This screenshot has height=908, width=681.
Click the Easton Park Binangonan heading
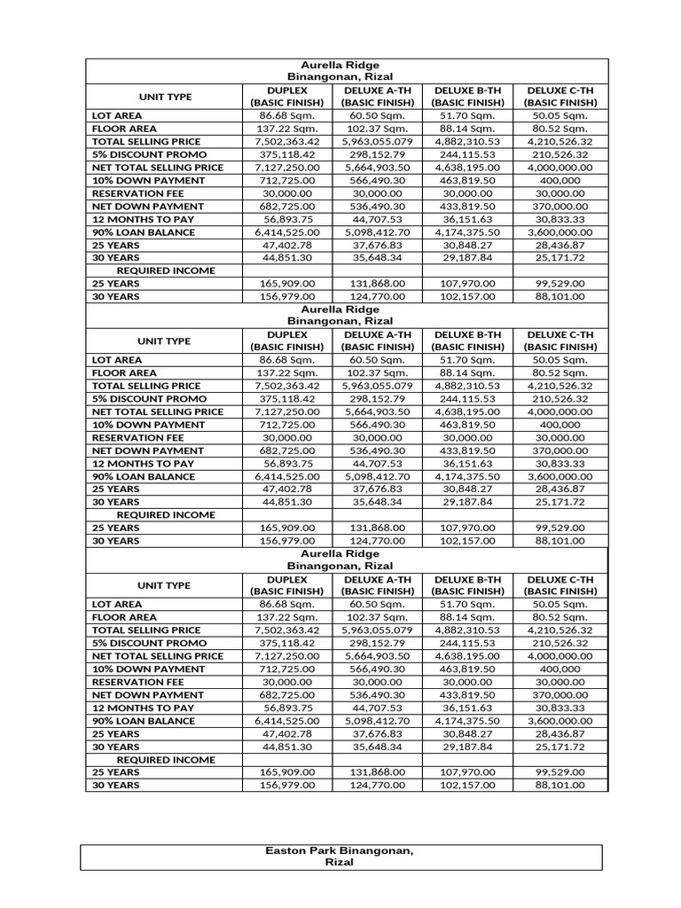point(341,857)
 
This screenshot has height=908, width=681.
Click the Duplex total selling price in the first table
point(286,142)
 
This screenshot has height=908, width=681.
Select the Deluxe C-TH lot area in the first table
point(561,115)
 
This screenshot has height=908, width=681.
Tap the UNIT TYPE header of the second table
point(164,340)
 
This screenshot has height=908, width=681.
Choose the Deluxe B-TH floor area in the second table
point(467,373)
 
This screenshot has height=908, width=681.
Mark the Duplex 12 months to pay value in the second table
point(286,464)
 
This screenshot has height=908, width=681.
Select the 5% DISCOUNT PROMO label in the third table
point(141,643)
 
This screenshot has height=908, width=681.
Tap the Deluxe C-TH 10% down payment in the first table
point(561,181)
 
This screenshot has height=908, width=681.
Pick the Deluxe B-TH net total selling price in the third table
point(467,656)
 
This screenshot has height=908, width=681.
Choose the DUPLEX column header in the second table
point(286,340)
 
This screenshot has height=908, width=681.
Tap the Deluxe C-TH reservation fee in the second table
point(561,438)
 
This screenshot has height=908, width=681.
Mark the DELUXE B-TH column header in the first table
point(467,96)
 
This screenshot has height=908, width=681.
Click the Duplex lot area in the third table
point(286,604)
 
